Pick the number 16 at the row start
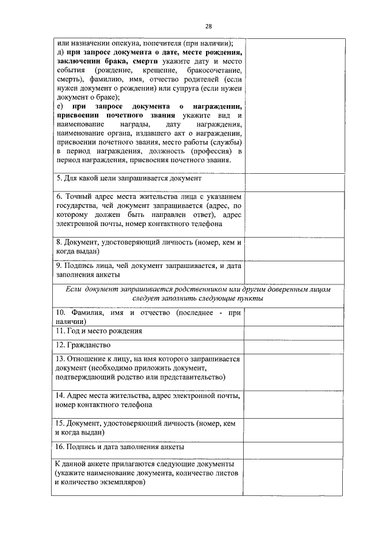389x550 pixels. click(x=59, y=447)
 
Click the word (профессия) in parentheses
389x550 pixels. click(x=205, y=151)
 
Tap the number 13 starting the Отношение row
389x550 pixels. click(x=59, y=359)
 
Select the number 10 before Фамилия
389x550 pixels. click(x=59, y=312)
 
